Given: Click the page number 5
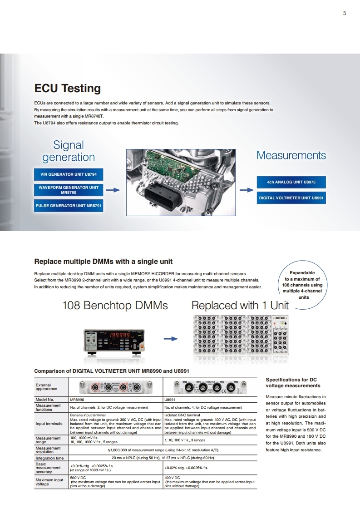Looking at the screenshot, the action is (345, 13).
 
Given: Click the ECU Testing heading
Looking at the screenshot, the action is (68, 88).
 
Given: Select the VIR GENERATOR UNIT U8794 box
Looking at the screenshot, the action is (69, 174).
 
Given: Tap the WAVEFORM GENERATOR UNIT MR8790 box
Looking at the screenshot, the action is (69, 190).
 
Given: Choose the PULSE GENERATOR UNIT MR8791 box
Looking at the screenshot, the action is (69, 206).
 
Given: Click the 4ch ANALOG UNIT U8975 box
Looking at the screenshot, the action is (291, 182).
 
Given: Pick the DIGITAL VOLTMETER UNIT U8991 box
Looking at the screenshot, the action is (291, 198).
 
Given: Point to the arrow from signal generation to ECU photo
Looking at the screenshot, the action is (113, 190).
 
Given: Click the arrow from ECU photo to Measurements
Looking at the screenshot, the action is (247, 190).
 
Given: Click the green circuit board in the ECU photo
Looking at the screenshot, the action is (169, 166).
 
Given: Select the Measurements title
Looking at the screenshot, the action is (291, 155).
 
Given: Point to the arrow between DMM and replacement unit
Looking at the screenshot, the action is (171, 339).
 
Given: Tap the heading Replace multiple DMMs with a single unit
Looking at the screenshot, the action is (103, 262).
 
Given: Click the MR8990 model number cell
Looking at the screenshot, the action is (116, 400).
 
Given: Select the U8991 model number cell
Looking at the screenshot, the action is (210, 400).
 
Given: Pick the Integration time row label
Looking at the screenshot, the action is (49, 458).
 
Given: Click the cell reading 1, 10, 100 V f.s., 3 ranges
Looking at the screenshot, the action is (210, 440).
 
